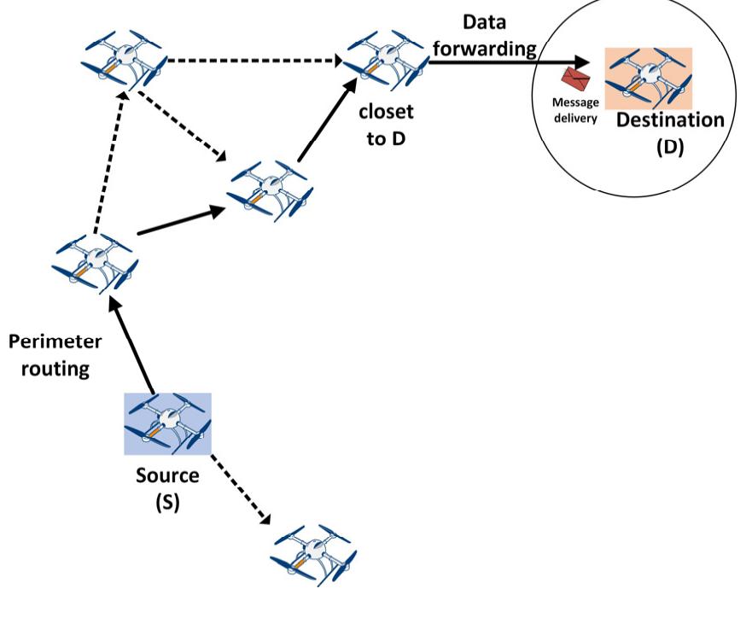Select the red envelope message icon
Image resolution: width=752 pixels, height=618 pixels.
581,79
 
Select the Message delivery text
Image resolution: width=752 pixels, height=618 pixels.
576,109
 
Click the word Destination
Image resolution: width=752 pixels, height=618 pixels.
670,120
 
